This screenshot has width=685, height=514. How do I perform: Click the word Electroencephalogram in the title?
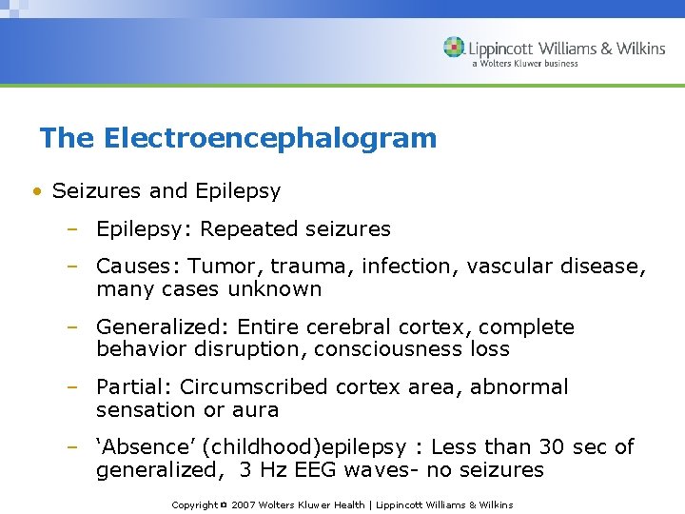point(269,138)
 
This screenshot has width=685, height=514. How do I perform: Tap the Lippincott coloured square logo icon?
point(454,48)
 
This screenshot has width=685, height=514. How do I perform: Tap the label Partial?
point(131,387)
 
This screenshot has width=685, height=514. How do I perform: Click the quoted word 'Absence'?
point(134,447)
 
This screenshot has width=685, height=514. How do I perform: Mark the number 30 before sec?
point(555,447)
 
